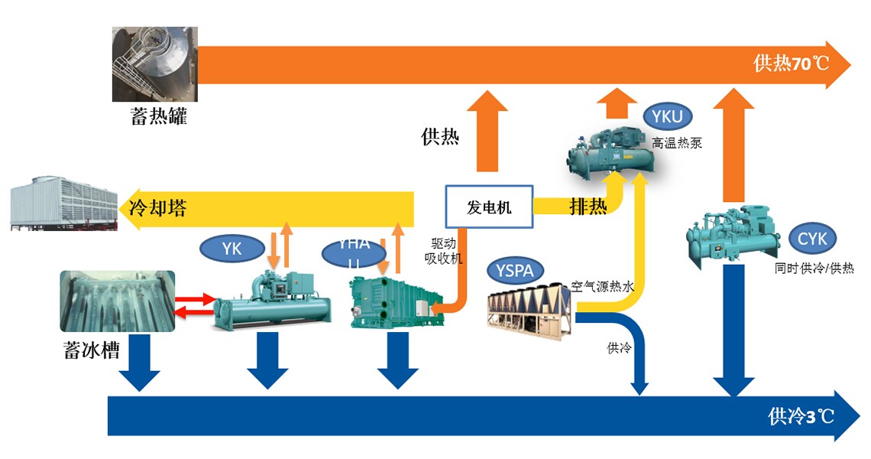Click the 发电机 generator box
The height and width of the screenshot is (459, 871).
point(489,207)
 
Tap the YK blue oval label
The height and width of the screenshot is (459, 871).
point(232,248)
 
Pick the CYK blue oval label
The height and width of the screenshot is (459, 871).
point(812,239)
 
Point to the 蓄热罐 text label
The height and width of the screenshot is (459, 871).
point(158,118)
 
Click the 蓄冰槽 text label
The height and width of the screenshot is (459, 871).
point(91,351)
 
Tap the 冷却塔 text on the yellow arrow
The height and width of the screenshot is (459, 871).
point(158,207)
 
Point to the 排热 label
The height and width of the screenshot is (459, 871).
point(588,207)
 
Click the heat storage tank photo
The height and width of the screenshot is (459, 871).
point(155,64)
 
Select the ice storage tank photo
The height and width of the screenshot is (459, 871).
point(117,301)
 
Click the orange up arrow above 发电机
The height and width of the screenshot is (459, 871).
point(487,130)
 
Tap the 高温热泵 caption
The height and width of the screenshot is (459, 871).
point(676,142)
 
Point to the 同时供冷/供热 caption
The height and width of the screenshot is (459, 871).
point(814,269)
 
